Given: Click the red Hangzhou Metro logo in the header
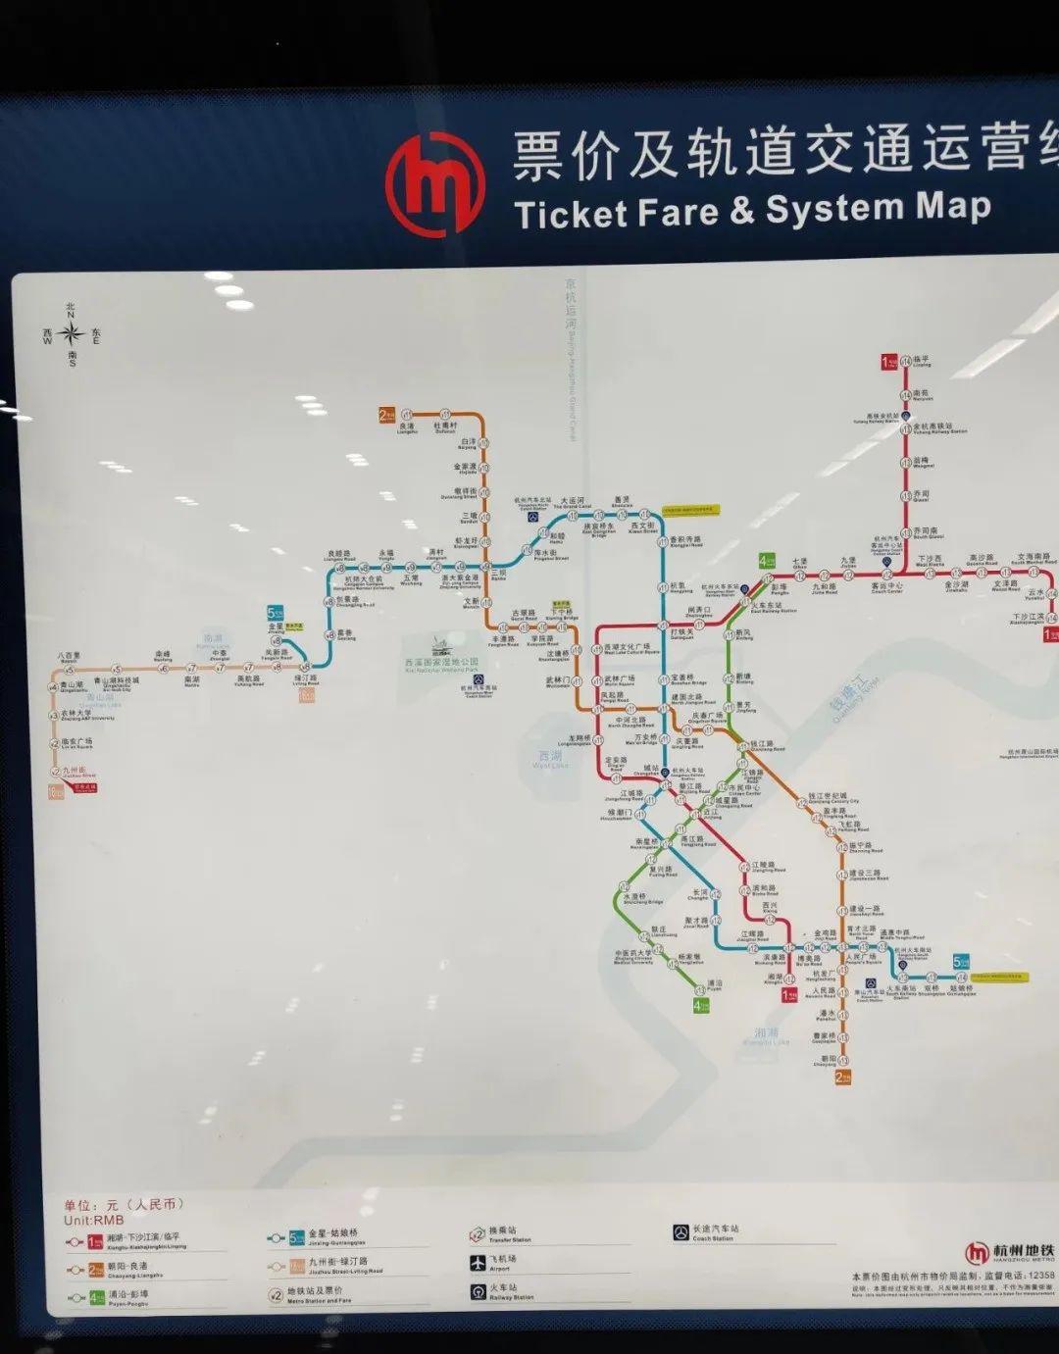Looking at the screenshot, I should pos(434,183).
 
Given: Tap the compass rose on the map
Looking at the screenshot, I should pos(71,334).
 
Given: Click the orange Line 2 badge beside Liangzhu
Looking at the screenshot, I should pos(386,414).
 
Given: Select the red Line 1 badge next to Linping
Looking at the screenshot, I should pos(887,362).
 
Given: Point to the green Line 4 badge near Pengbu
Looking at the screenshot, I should pos(767,562).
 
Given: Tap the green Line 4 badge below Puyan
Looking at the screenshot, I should pos(700,1005).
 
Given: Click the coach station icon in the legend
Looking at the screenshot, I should pos(681,1232).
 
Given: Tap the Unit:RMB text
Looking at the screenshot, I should pos(94,1221).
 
